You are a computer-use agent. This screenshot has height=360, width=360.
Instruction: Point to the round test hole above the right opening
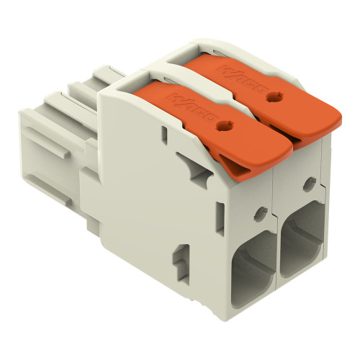[309, 184]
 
